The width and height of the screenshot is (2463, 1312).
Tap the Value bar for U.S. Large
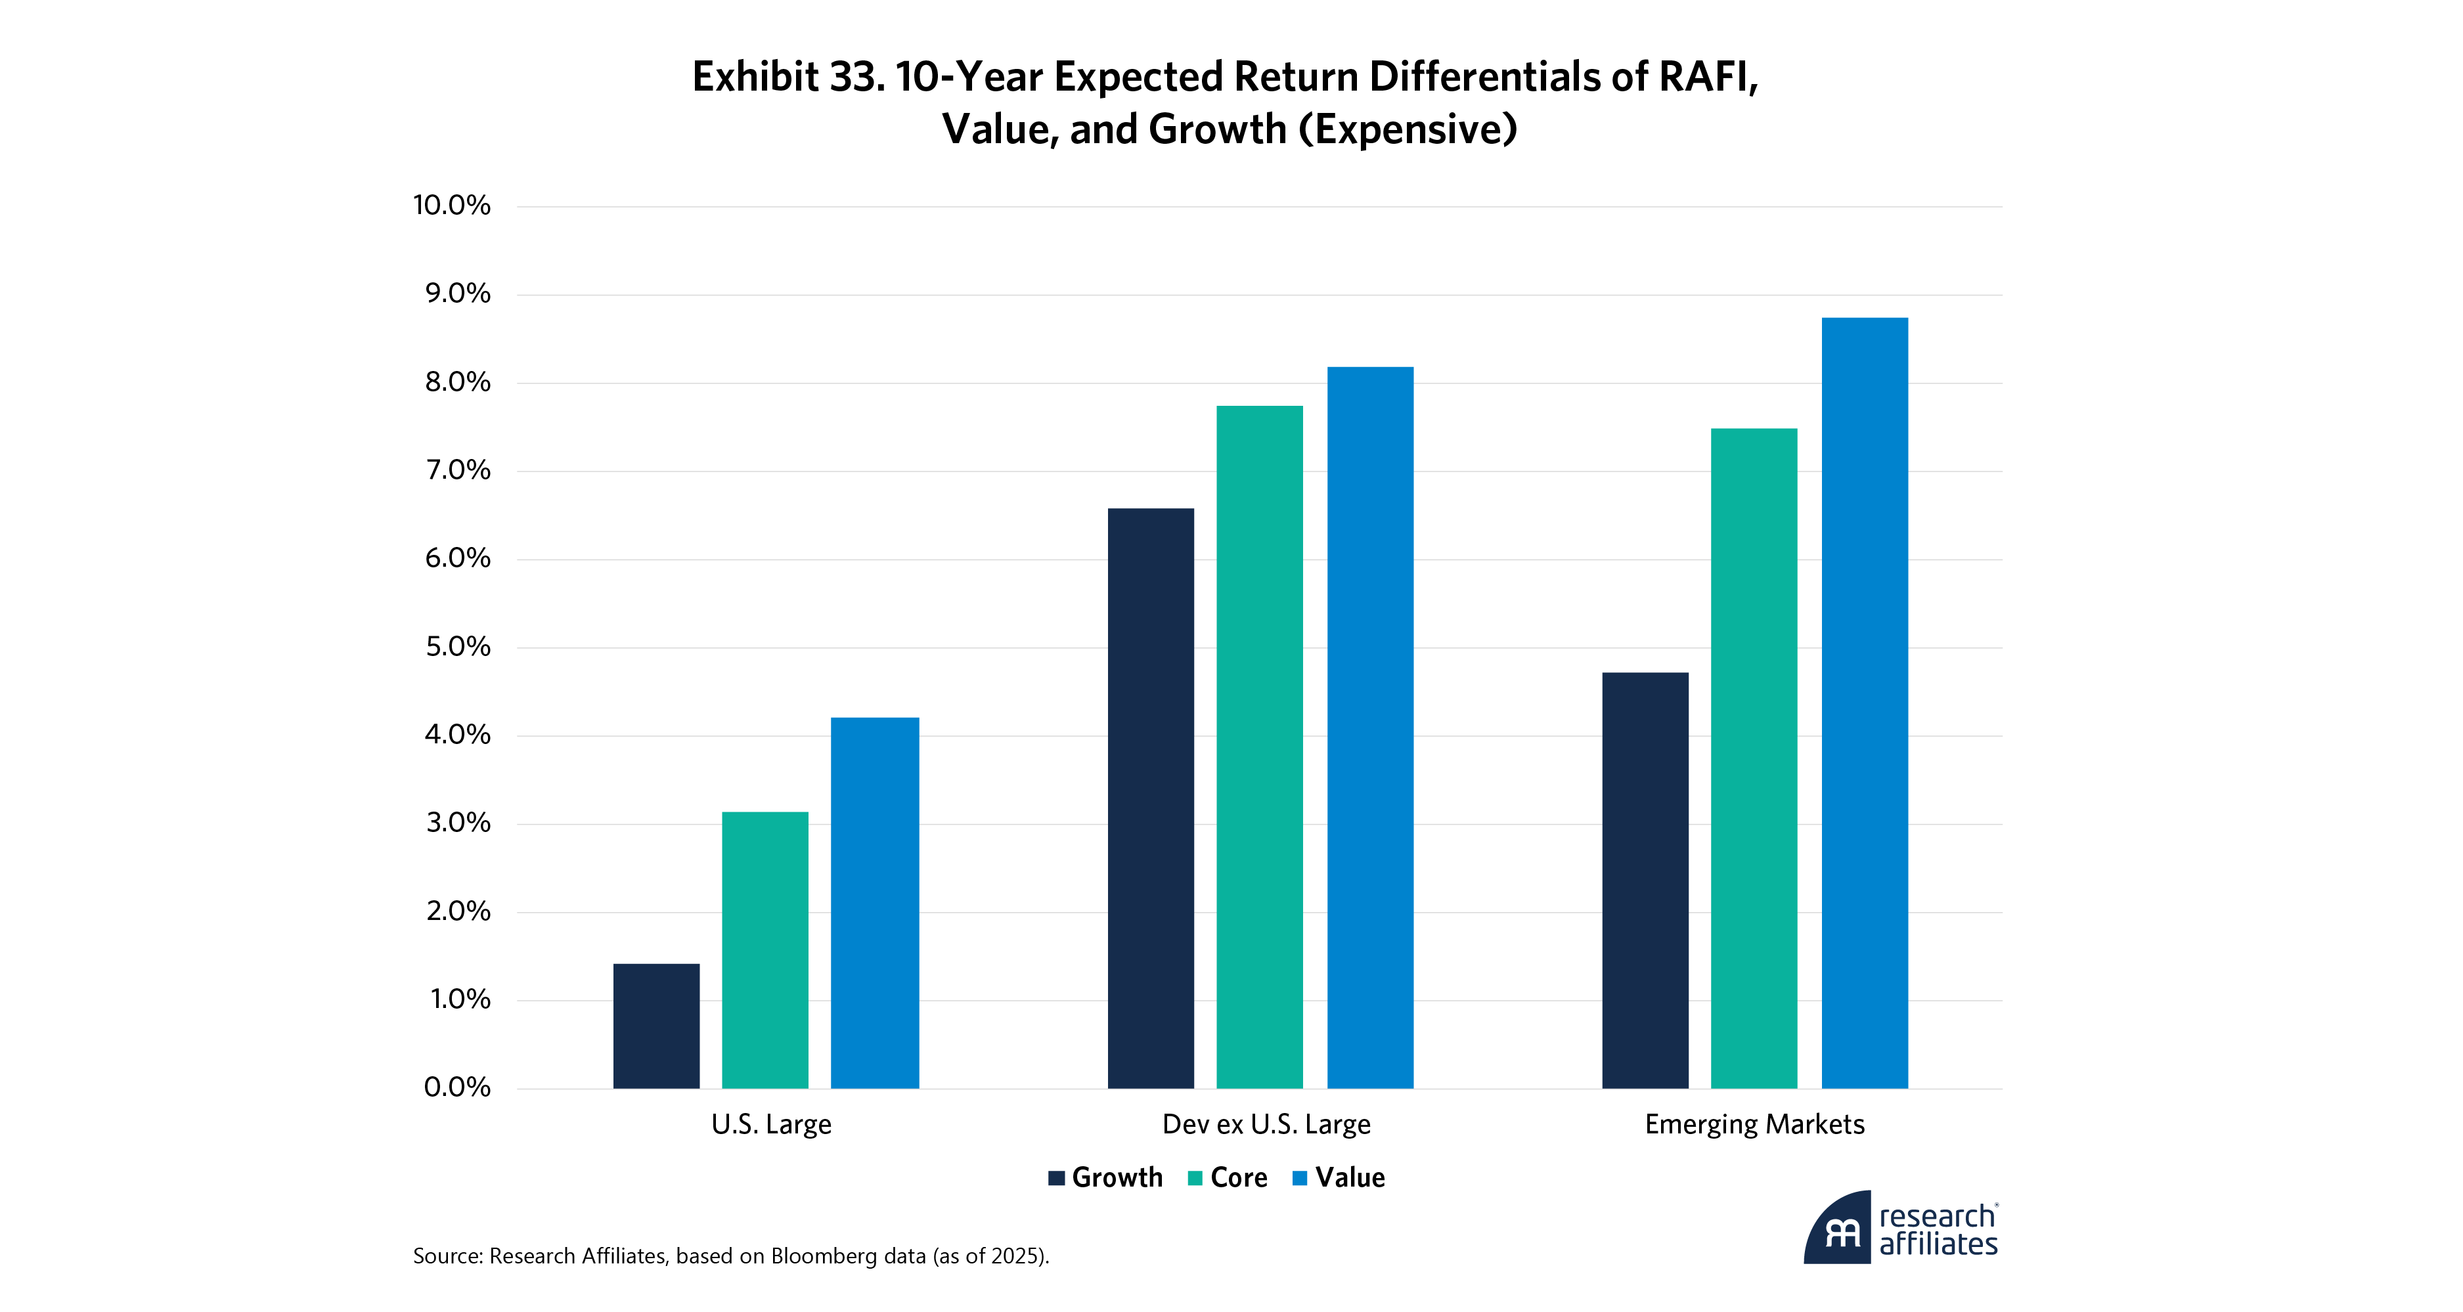point(875,903)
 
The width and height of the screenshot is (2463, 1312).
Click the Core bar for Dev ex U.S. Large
point(1259,747)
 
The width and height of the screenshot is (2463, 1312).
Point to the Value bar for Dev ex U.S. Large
point(1370,728)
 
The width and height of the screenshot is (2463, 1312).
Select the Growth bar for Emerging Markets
point(1645,881)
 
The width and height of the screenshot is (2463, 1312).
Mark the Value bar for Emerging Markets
point(1865,703)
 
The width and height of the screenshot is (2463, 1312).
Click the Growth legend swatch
point(1057,1178)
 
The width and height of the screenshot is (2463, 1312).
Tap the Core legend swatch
point(1195,1178)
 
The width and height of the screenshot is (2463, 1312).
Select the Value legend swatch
point(1299,1178)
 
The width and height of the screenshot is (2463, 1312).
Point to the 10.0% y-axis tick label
point(451,206)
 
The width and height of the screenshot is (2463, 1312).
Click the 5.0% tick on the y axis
point(457,647)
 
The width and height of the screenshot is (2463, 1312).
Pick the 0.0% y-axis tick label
point(457,1087)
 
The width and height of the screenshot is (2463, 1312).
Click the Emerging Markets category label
point(1754,1125)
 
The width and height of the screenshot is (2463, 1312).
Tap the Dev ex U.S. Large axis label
point(1266,1125)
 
